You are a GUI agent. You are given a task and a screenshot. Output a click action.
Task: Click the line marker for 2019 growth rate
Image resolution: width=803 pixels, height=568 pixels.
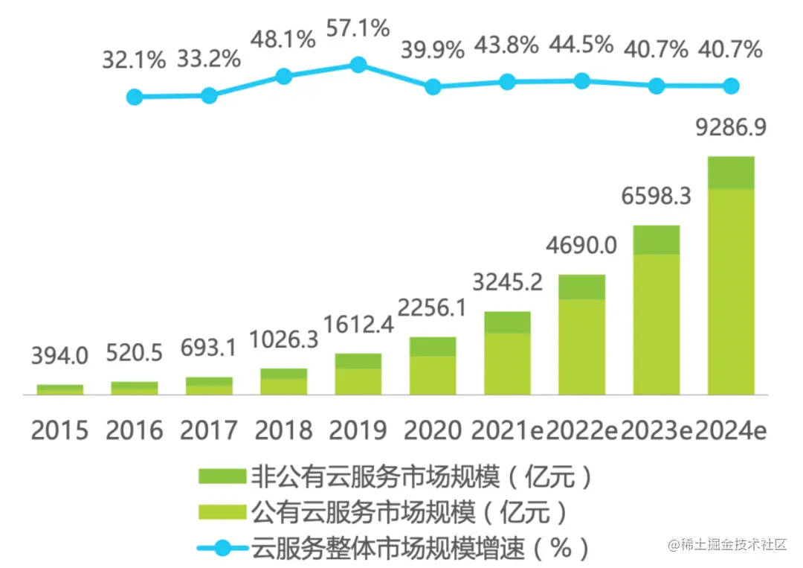click(x=358, y=65)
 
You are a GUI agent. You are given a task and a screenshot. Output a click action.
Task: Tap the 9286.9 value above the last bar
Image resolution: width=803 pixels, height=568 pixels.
click(x=730, y=127)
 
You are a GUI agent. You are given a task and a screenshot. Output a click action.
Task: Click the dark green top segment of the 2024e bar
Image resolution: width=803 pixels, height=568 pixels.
click(x=730, y=173)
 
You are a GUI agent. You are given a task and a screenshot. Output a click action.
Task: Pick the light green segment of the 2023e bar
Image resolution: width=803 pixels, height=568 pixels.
click(x=657, y=324)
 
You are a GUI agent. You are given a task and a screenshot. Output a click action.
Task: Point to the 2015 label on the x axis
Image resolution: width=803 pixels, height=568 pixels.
click(x=59, y=430)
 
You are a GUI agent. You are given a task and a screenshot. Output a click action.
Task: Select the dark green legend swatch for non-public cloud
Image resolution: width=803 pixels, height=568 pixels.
click(x=222, y=476)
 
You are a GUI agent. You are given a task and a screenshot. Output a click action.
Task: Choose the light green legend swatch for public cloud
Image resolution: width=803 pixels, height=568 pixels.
click(x=222, y=512)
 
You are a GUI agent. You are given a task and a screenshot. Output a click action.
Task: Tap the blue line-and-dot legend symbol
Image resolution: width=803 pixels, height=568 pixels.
click(x=222, y=549)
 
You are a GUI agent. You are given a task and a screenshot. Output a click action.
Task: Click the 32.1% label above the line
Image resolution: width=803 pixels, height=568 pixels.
click(x=134, y=60)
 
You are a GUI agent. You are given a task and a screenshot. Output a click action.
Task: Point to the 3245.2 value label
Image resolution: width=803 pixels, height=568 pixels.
click(x=507, y=283)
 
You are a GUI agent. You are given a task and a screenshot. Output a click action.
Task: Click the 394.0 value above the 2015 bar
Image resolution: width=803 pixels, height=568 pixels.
click(x=59, y=356)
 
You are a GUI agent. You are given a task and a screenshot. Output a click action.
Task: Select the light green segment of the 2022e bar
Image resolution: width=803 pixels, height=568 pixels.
click(x=581, y=346)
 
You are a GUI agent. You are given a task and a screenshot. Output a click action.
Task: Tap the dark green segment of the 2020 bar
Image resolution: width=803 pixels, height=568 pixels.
click(x=433, y=346)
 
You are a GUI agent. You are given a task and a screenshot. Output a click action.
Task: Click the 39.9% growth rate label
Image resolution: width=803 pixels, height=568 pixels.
click(x=433, y=50)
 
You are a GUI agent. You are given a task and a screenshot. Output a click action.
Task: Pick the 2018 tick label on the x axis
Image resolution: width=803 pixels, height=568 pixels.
click(x=283, y=430)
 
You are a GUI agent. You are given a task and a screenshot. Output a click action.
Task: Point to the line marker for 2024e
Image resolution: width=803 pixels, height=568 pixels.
click(x=731, y=86)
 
